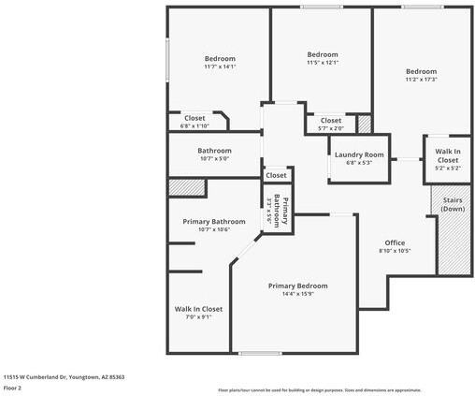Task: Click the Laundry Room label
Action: pos(360,154)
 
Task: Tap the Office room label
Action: pos(395,242)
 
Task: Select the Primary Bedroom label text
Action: pos(298,286)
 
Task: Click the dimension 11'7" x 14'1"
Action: pos(220,66)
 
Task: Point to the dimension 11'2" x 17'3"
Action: pos(421,80)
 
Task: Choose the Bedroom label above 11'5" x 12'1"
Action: pos(323,54)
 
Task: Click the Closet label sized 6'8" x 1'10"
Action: pos(194,118)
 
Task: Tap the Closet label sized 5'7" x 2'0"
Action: pos(331,121)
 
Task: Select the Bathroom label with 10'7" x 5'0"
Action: pos(214,151)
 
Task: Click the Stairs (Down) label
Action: pos(453,204)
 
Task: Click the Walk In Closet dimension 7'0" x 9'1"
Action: pos(198,317)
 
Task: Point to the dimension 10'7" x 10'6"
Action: pos(214,230)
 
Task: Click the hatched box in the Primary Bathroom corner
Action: pos(186,187)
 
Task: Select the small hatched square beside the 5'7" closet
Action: pos(364,123)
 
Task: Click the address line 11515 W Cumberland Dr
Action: pos(64,376)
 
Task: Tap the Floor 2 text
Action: pos(13,387)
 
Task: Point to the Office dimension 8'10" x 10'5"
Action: pos(395,251)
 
